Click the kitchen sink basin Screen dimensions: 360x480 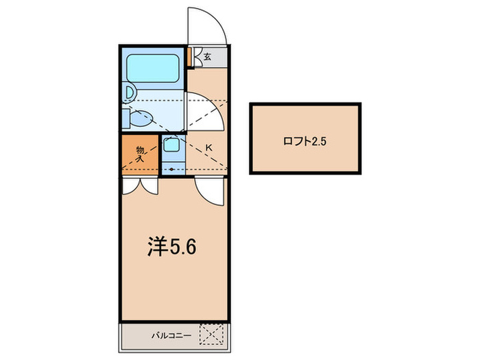[171, 145]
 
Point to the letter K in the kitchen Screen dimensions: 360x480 [208, 147]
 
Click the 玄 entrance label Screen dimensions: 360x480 [206, 57]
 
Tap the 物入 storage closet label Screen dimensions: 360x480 [140, 154]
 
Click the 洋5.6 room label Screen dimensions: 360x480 [172, 247]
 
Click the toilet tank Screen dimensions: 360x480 [126, 118]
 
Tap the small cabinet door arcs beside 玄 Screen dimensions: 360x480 [197, 57]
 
